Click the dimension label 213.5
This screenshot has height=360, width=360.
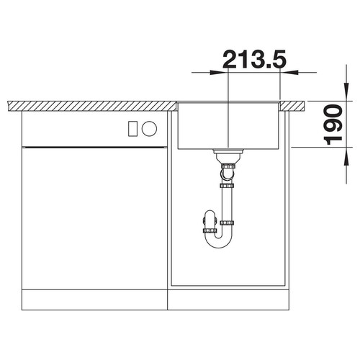point(254,59)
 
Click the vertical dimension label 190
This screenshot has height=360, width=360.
point(333,125)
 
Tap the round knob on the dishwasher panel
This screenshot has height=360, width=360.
point(149,128)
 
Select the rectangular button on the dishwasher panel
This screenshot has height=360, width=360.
point(132,129)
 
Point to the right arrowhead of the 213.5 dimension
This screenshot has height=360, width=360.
point(289,72)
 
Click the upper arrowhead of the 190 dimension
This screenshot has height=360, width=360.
point(346,92)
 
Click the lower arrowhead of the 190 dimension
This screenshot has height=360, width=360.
point(346,156)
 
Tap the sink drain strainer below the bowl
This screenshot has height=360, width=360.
point(228,156)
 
